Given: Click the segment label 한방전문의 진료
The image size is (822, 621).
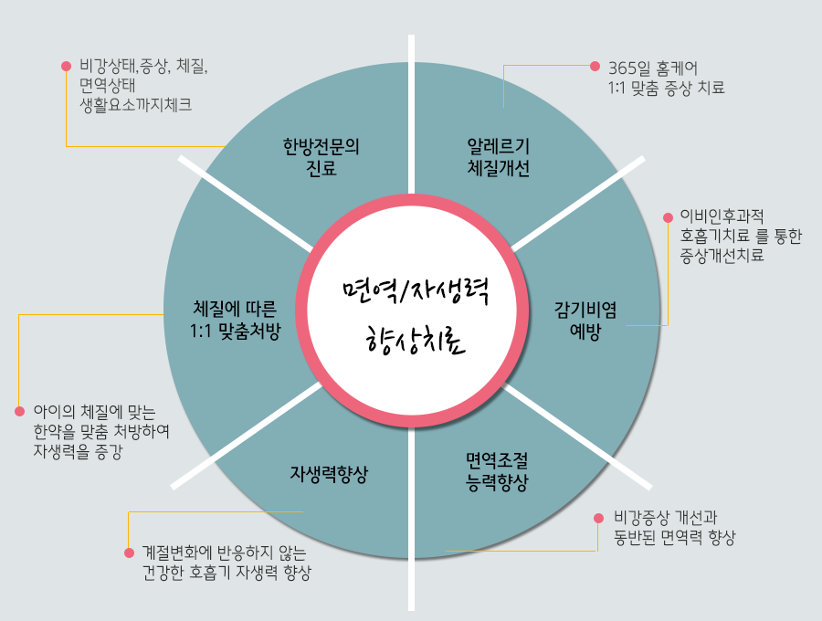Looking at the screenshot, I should (321, 158).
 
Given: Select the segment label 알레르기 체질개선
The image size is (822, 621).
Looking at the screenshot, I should (499, 158).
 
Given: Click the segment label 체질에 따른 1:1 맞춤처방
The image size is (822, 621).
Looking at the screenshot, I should (237, 319).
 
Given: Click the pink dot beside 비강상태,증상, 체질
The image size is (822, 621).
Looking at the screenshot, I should (66, 66).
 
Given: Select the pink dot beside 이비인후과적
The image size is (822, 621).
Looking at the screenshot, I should (668, 216).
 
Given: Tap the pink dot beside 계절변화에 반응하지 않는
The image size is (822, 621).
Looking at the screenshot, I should (128, 553).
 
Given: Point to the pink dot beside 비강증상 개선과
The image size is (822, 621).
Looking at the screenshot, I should (598, 517).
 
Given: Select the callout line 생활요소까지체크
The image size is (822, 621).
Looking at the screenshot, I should (135, 104).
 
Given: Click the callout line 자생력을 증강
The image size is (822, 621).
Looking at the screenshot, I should (78, 450).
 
